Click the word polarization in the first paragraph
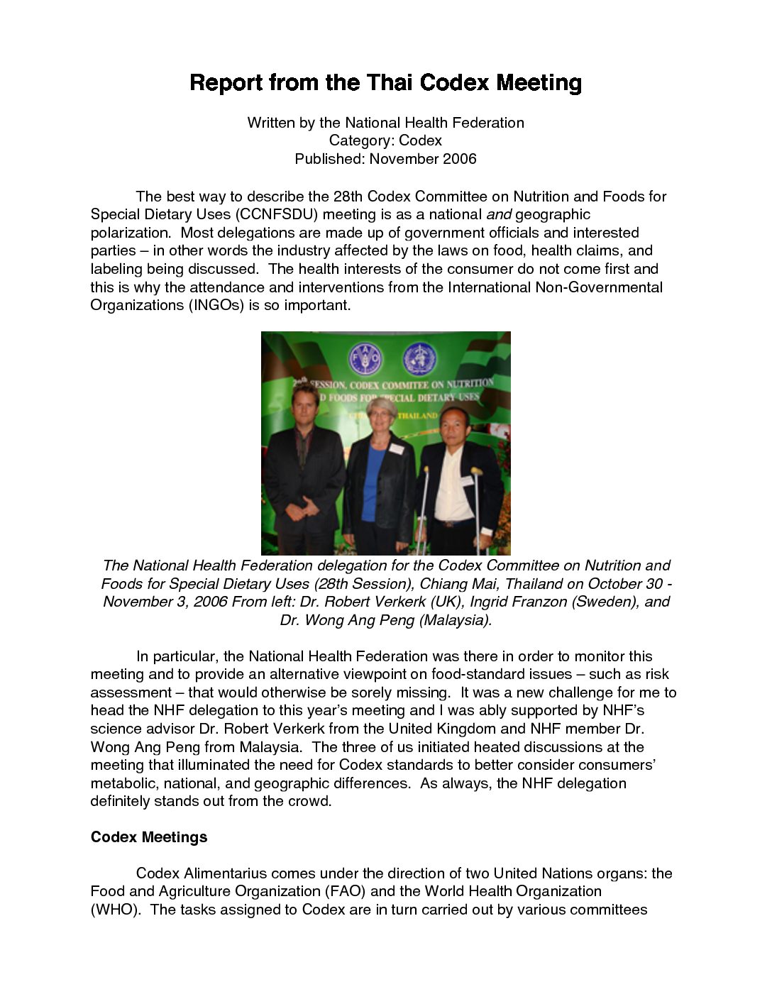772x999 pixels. click(130, 233)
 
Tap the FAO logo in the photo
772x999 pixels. click(365, 360)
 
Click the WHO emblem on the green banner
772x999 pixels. click(420, 359)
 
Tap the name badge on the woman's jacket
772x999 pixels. click(397, 448)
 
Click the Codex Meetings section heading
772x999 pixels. click(149, 837)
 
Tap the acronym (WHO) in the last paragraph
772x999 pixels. click(114, 910)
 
